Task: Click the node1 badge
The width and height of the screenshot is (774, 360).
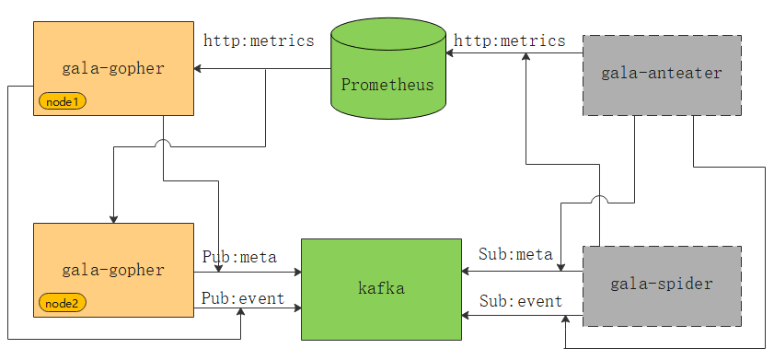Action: (63, 101)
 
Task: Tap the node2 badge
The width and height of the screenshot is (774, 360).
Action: (63, 302)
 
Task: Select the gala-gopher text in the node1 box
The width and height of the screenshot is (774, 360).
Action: (113, 68)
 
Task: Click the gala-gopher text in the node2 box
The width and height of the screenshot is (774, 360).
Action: (113, 270)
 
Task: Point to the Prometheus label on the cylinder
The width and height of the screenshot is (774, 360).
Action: (387, 85)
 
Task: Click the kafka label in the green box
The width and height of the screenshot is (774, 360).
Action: (381, 289)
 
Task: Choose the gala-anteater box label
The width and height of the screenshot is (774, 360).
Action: (661, 72)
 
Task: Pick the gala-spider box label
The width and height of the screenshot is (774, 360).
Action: (661, 284)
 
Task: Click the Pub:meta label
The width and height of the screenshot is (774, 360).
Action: (239, 257)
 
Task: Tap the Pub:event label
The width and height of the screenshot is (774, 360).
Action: (243, 299)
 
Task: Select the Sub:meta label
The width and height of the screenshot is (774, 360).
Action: (515, 254)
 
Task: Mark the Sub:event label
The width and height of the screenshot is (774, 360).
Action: (520, 301)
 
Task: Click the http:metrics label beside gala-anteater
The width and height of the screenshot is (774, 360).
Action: (510, 41)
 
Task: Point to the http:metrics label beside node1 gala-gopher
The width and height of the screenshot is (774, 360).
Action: (259, 41)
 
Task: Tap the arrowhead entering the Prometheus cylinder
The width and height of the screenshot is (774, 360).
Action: (451, 53)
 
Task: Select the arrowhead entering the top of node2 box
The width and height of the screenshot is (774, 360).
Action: (113, 218)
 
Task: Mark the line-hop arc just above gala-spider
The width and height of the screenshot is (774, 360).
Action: (599, 200)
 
